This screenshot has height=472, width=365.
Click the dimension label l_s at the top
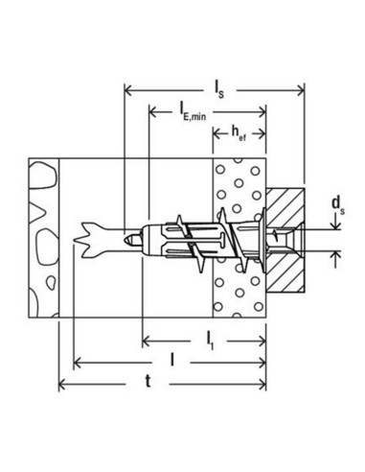coord(218,89)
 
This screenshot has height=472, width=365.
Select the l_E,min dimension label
coord(193,111)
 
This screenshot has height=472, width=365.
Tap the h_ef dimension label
coord(239,133)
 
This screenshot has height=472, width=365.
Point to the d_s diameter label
coord(338,205)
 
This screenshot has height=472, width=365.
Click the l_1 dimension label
coord(210,342)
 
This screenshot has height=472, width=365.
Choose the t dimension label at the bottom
coord(148,381)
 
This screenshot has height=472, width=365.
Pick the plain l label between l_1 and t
coord(172,360)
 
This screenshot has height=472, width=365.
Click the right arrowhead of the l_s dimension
coord(301,91)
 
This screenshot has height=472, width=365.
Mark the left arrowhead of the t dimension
coord(62,384)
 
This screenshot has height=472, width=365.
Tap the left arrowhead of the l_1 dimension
coord(147,342)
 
